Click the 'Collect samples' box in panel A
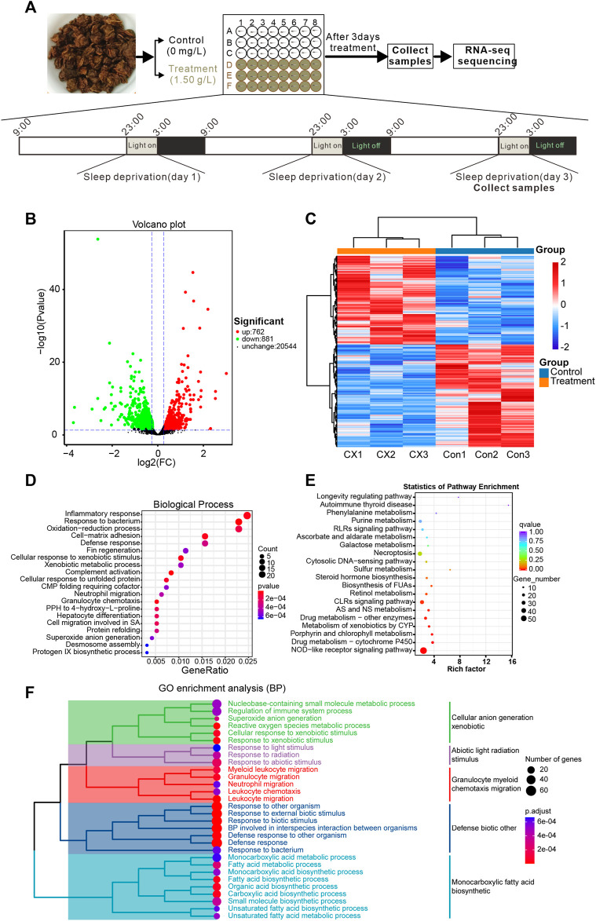410,56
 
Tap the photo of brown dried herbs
92,53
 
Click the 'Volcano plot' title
159,225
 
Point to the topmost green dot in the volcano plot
98,239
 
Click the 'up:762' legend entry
253,332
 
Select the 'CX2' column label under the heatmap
386,455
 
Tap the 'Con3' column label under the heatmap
518,455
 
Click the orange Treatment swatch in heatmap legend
544,382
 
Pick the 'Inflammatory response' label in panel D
102,514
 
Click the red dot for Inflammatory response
247,516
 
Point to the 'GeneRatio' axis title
205,671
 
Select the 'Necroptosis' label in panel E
393,554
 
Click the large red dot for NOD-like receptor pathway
423,651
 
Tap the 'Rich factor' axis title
466,669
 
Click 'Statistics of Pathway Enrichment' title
461,486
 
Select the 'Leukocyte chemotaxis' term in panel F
265,791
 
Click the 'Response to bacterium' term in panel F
265,850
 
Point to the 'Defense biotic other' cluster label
484,828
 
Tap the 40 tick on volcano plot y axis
55,289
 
